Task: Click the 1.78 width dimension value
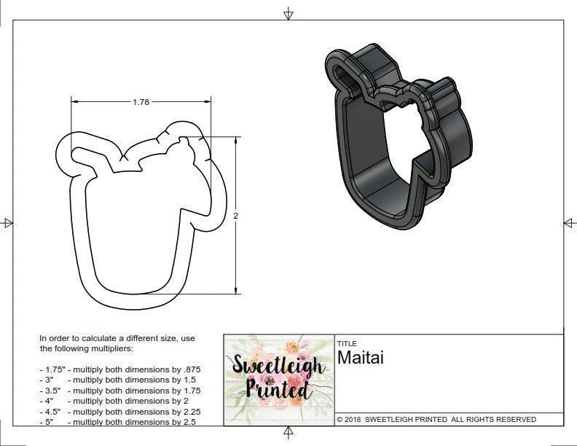click(x=141, y=102)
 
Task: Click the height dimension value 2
click(x=236, y=215)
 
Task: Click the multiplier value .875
click(x=190, y=369)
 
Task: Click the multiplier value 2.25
click(x=189, y=412)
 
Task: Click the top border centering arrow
click(x=288, y=14)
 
